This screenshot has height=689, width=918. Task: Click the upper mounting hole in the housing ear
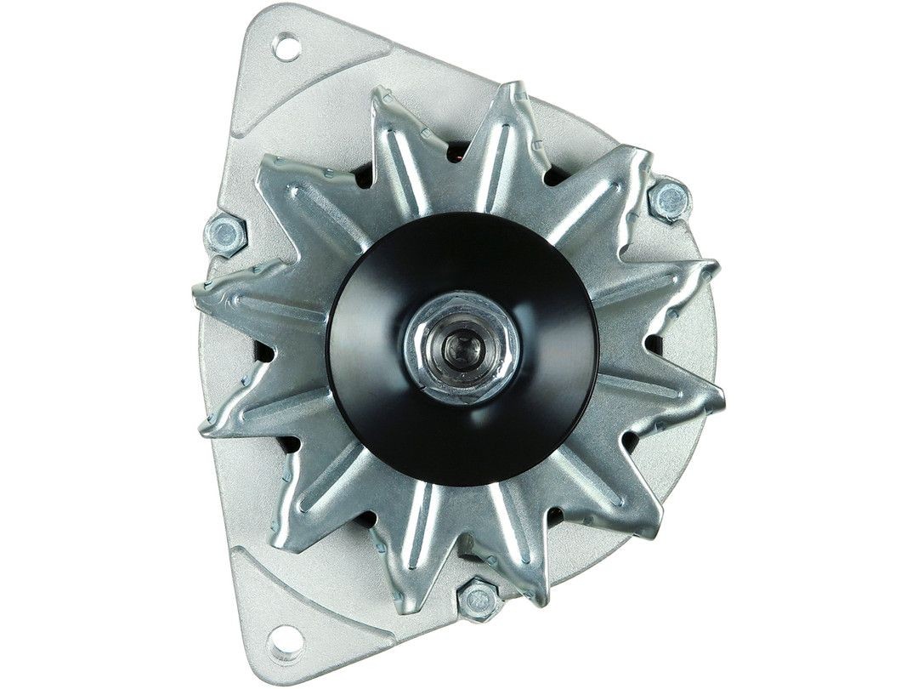click(287, 48)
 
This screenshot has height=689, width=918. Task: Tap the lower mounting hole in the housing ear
click(286, 638)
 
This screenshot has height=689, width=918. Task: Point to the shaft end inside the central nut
click(463, 346)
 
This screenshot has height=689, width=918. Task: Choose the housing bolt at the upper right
click(670, 200)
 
